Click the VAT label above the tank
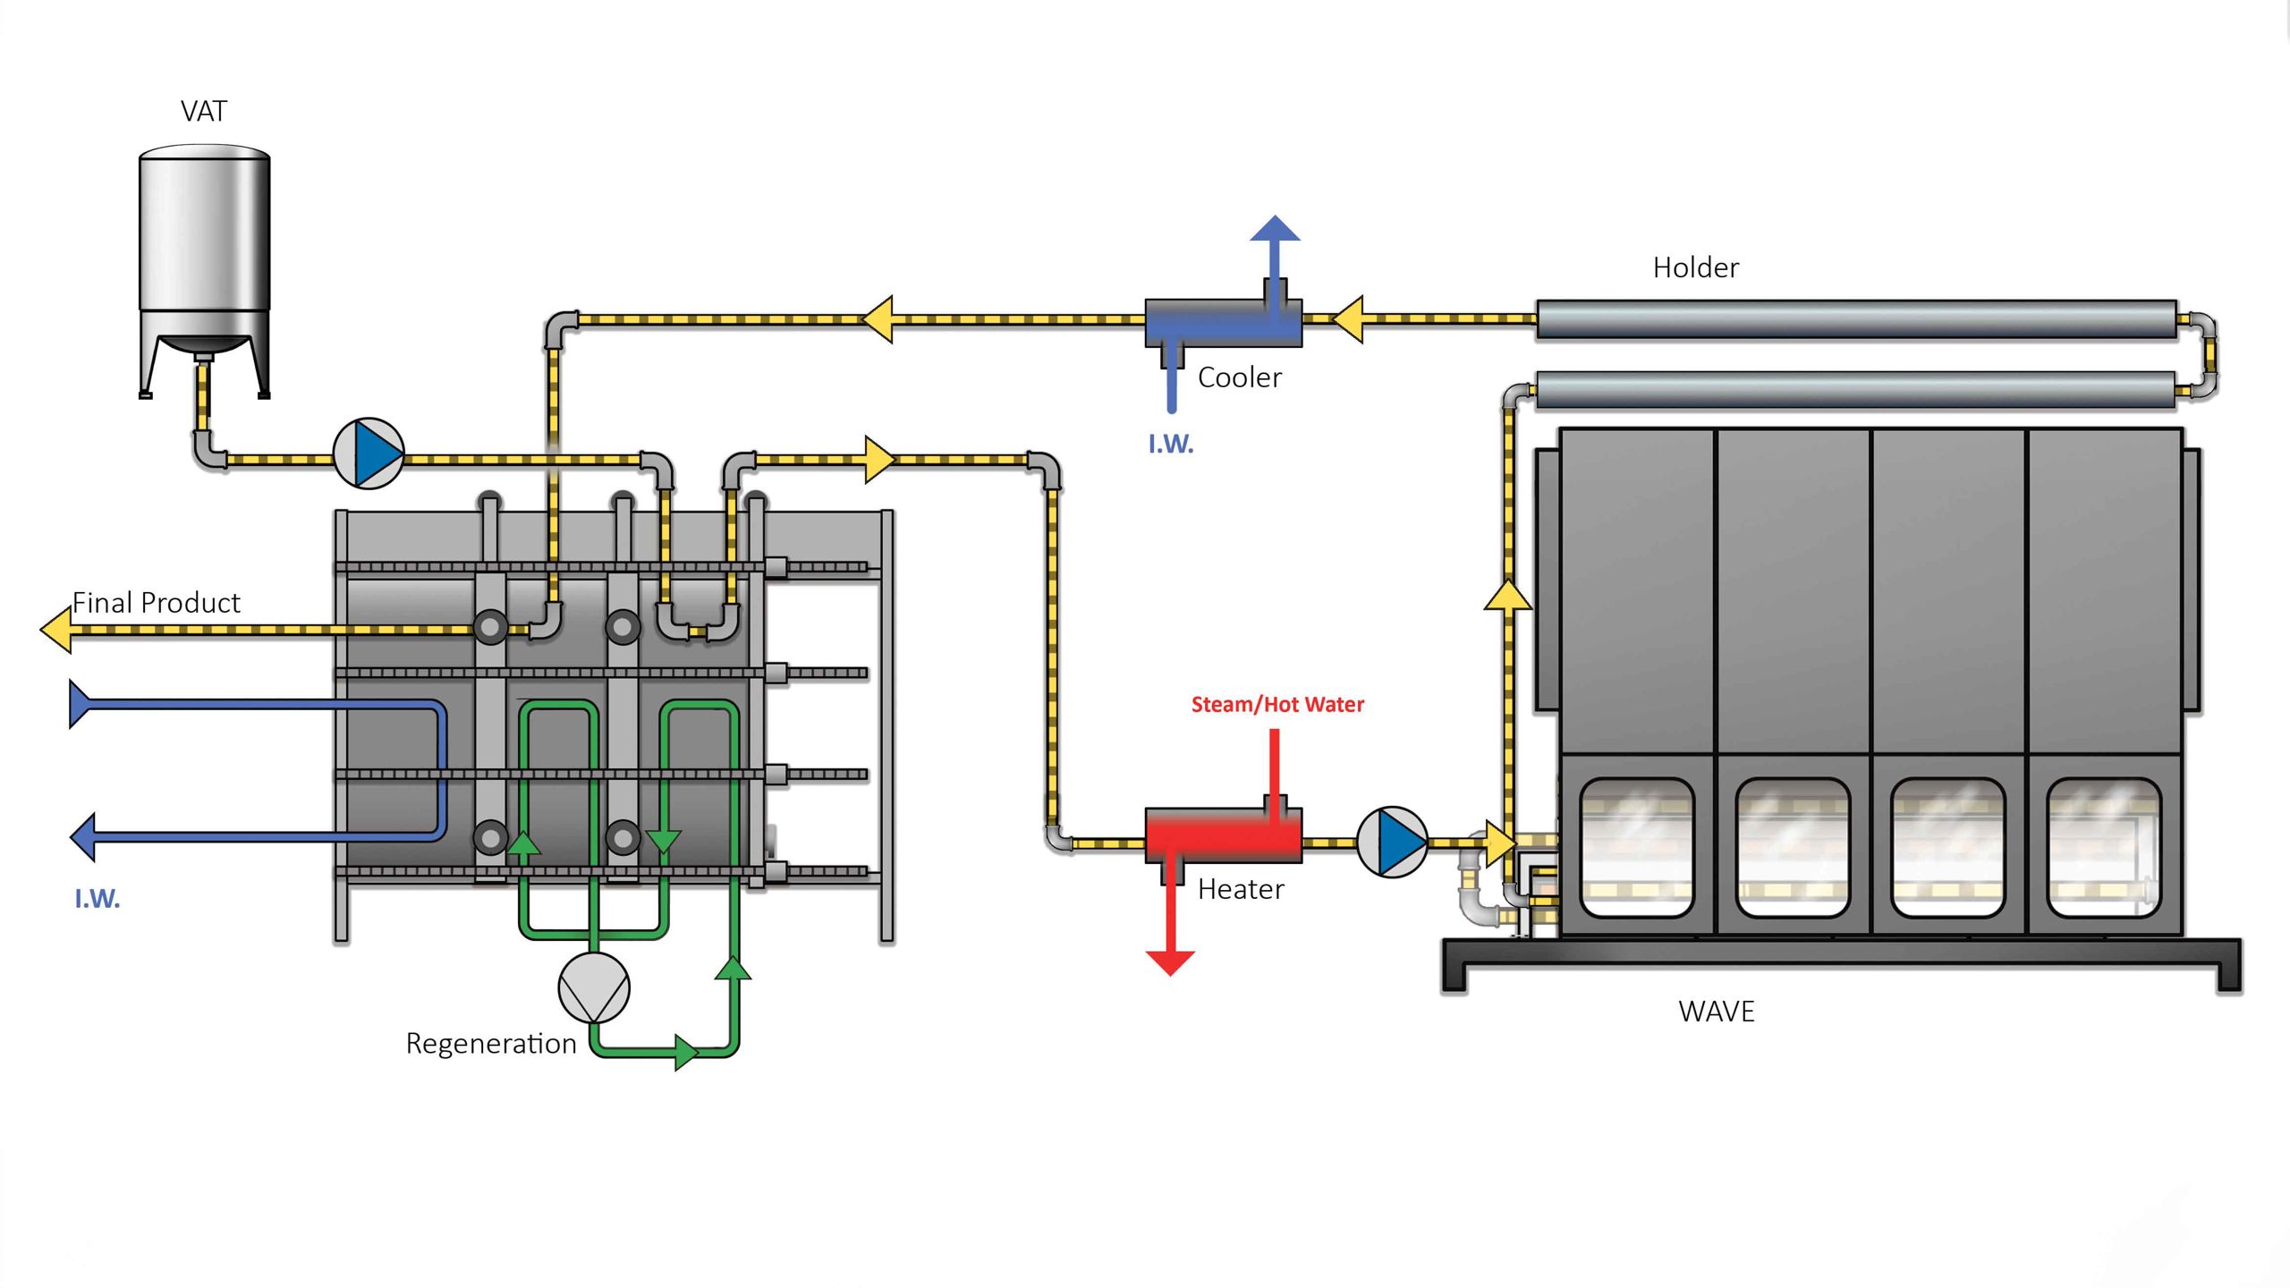[204, 111]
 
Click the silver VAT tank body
[204, 233]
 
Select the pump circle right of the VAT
[369, 453]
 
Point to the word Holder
[1695, 267]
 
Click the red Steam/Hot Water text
[1277, 705]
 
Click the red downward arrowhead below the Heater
[1170, 962]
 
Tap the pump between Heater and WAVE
[1392, 842]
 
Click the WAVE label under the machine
[1716, 1012]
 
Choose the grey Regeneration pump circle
[594, 987]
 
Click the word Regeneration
[490, 1044]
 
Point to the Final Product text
[156, 603]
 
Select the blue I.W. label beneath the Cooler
[1170, 445]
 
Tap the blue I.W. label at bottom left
[97, 899]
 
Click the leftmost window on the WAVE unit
[1636, 847]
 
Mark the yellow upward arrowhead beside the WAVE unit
[1507, 596]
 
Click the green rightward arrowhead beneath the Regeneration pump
[685, 1052]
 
